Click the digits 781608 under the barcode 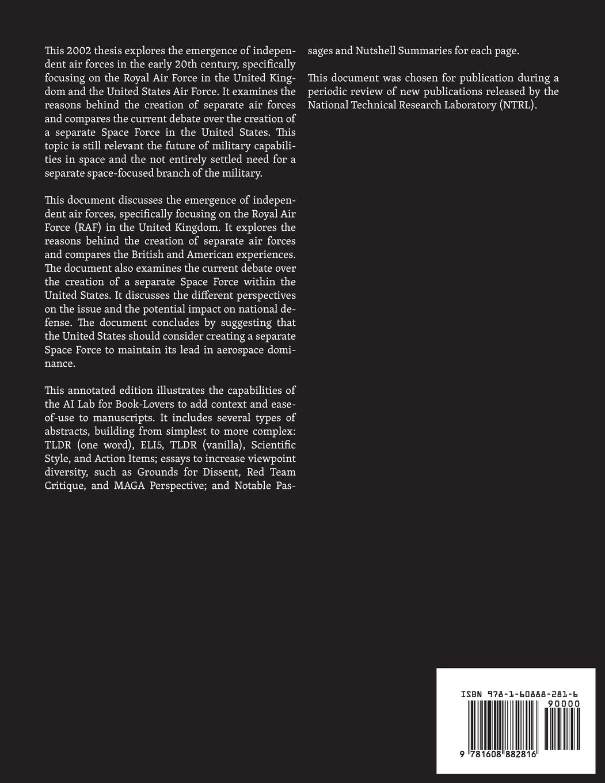pyautogui.click(x=485, y=754)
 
